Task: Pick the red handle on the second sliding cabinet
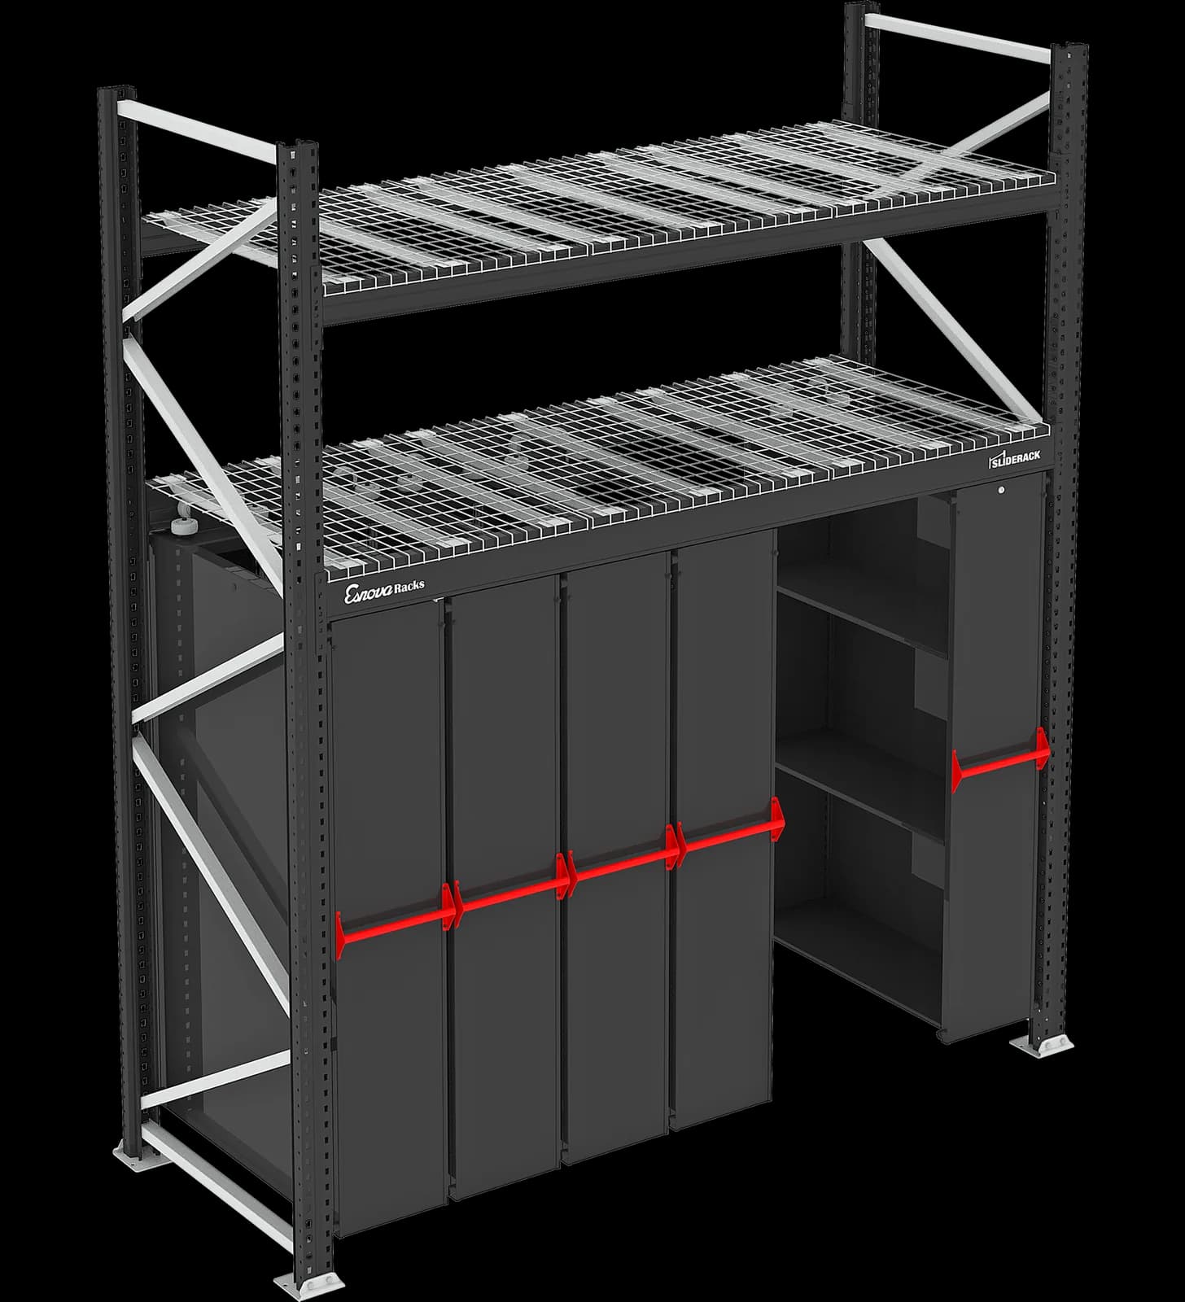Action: point(509,895)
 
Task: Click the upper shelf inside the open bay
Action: point(863,618)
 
